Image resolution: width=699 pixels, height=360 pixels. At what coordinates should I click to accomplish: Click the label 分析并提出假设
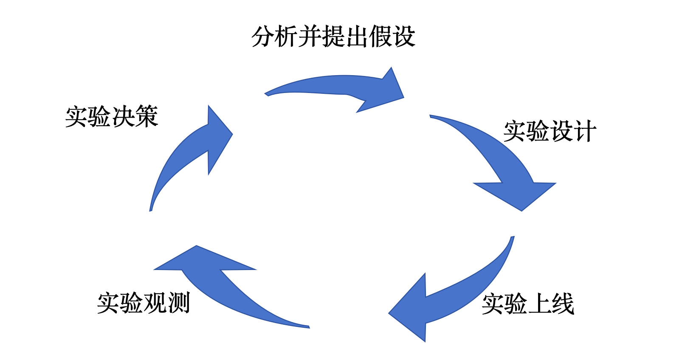[333, 37]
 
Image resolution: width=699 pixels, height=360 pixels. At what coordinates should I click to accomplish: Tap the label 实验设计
[550, 131]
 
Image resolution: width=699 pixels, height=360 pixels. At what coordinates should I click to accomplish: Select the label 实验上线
[528, 304]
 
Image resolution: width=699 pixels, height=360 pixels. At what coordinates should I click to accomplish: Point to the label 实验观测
[143, 303]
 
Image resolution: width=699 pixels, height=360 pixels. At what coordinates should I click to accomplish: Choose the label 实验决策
[112, 117]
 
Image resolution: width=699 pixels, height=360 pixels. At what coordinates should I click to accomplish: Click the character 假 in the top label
[380, 37]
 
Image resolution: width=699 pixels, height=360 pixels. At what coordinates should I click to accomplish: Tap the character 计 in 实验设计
[585, 131]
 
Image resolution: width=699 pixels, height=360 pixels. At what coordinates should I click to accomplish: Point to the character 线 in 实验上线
[563, 304]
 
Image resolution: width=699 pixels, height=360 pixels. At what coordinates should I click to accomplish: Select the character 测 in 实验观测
[178, 303]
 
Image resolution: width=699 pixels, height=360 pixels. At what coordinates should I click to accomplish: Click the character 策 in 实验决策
[147, 117]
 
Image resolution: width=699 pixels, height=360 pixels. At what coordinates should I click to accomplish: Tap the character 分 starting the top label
[262, 37]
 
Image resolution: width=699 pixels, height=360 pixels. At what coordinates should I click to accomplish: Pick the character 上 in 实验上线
[539, 304]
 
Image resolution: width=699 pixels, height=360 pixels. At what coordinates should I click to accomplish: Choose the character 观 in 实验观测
[155, 303]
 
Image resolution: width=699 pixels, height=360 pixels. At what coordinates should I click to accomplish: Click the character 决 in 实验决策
[123, 117]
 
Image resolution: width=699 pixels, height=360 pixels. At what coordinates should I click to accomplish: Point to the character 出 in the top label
[357, 37]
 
